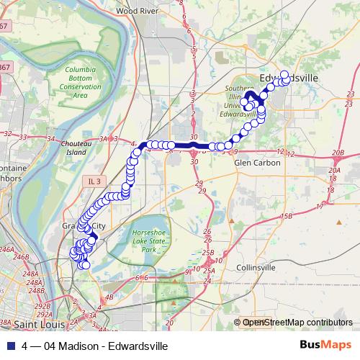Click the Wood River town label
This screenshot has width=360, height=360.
pyautogui.click(x=136, y=12)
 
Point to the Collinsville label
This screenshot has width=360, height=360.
pyautogui.click(x=256, y=268)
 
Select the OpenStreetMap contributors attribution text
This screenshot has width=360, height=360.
pyautogui.click(x=297, y=323)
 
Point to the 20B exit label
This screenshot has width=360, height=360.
pyautogui.click(x=338, y=153)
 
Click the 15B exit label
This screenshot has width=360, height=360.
pyautogui.click(x=287, y=216)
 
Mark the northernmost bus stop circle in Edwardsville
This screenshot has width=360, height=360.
pyautogui.click(x=284, y=74)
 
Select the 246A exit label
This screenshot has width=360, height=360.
pyautogui.click(x=7, y=249)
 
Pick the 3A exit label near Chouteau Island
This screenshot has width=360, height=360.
pyautogui.click(x=107, y=139)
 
